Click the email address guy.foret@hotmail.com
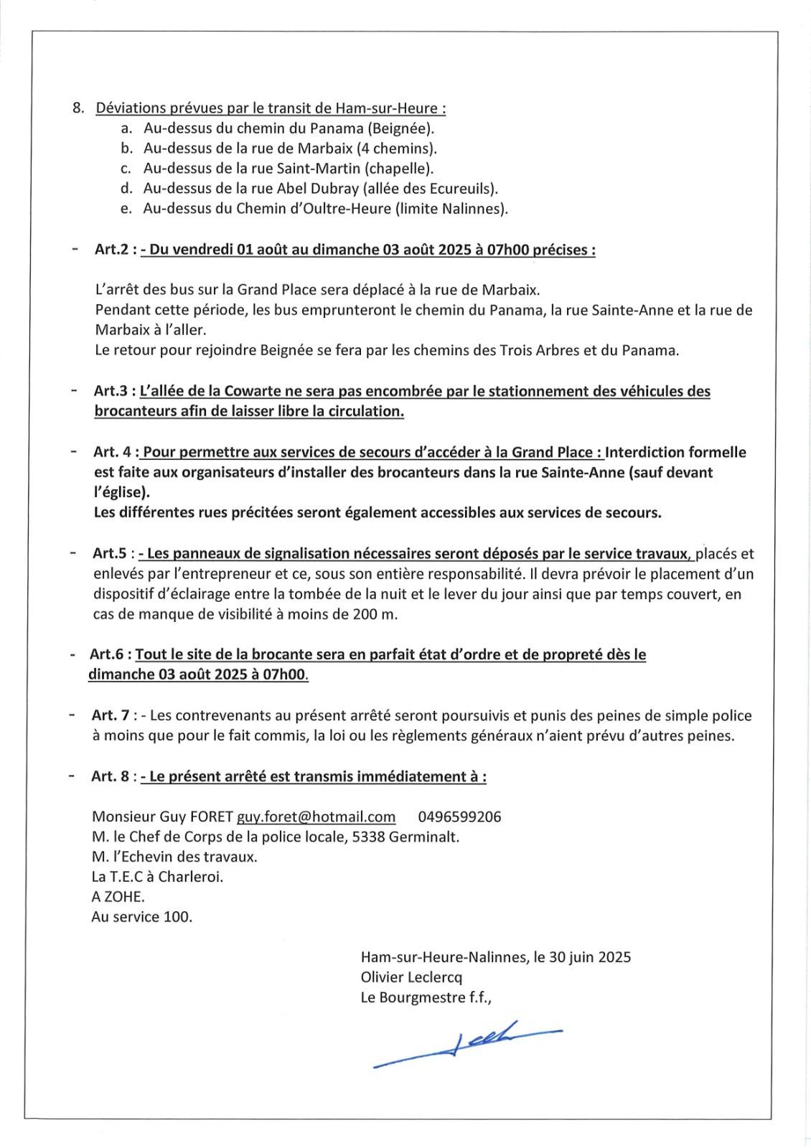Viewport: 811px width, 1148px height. tap(316, 817)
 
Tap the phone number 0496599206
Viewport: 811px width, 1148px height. tap(459, 817)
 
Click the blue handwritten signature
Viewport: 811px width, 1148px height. tap(467, 1044)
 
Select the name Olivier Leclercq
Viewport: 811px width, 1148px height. tap(411, 977)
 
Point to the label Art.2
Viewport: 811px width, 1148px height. tap(111, 250)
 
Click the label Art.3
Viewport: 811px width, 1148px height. tap(111, 391)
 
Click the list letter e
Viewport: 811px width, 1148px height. tap(126, 209)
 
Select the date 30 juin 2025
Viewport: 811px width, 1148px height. tap(590, 957)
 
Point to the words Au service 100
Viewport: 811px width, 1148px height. tap(141, 917)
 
